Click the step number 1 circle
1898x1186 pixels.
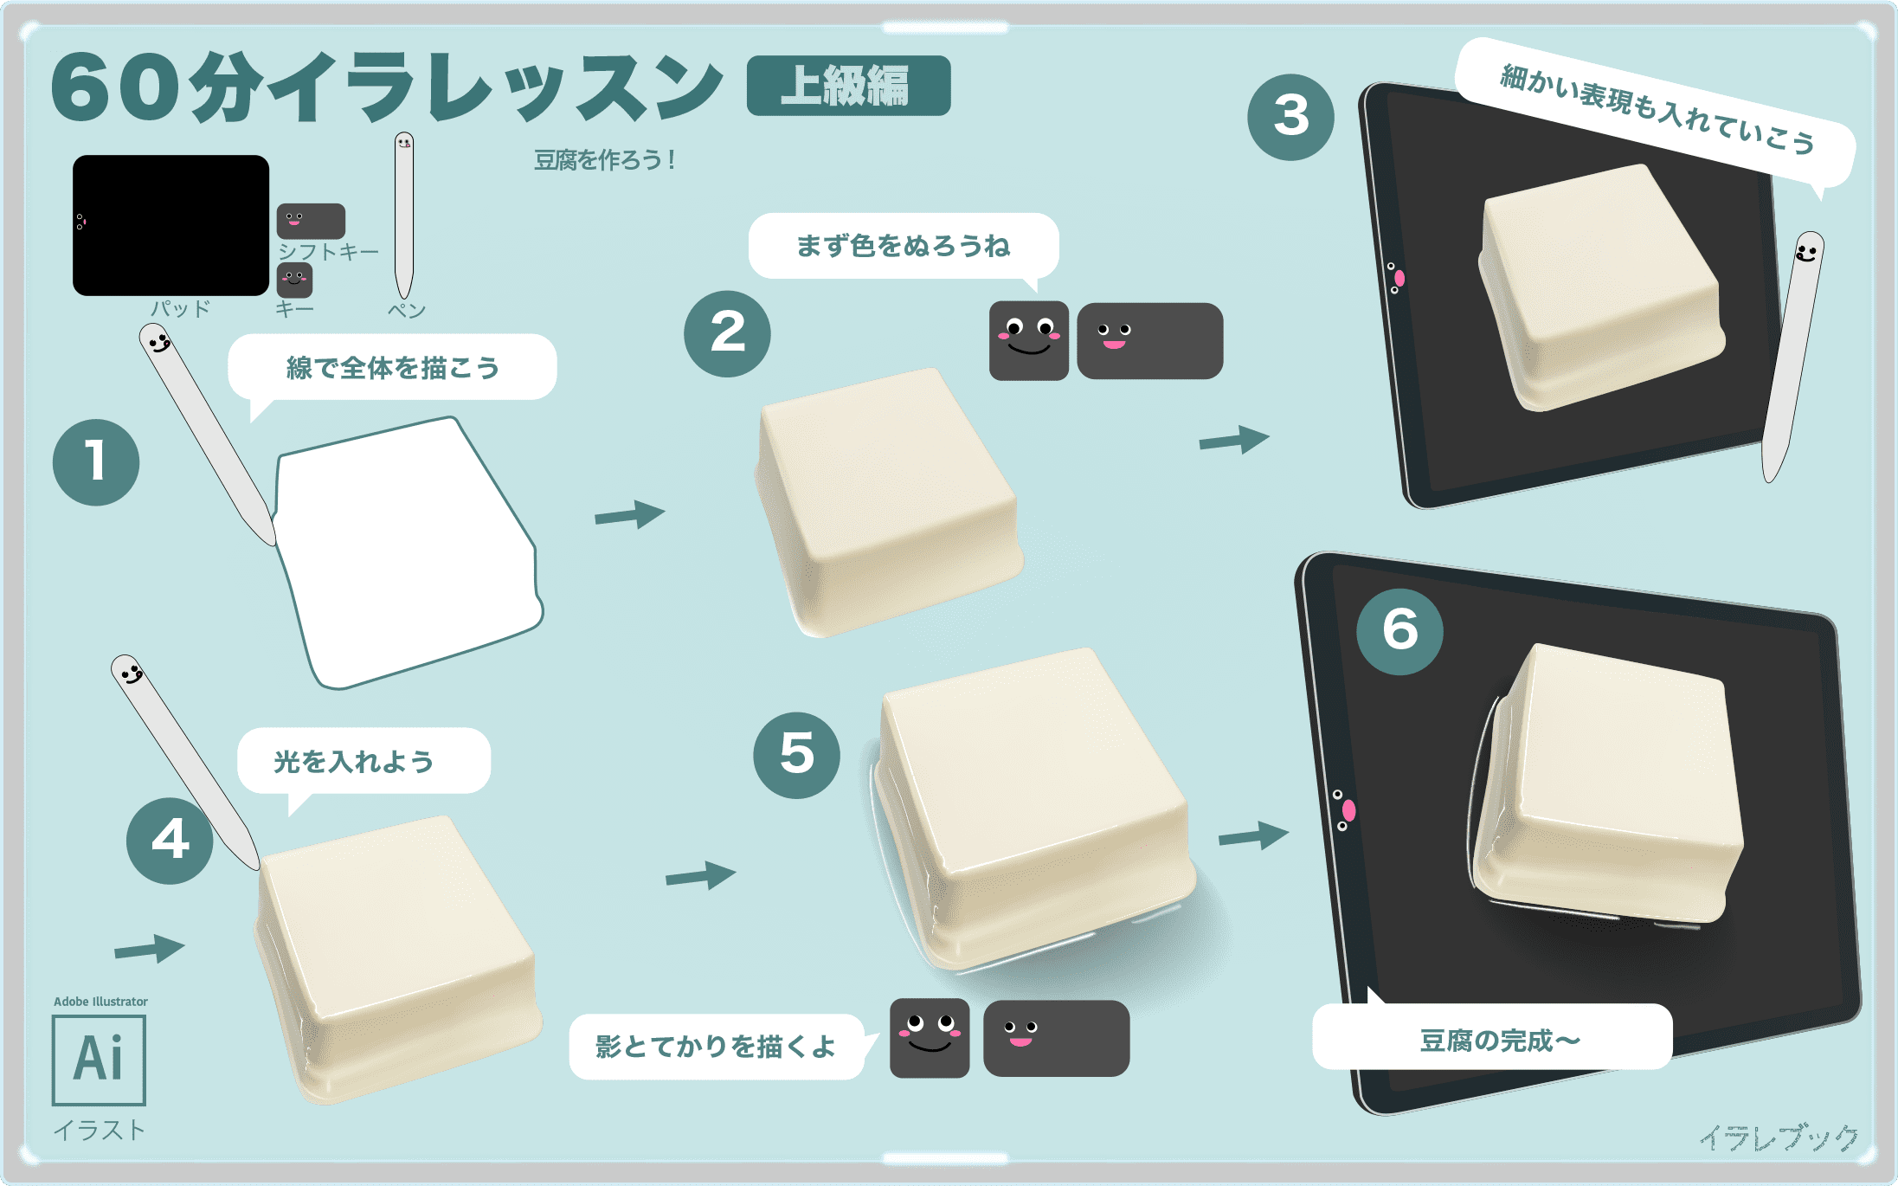click(96, 462)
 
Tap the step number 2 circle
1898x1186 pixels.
click(727, 333)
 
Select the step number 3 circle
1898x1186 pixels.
click(1290, 117)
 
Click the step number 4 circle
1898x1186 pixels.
click(170, 841)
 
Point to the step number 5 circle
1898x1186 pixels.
click(796, 755)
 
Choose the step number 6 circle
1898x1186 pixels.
click(1399, 631)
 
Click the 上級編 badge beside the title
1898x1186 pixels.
click(848, 86)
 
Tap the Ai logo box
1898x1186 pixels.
click(99, 1060)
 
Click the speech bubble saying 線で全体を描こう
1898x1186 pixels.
click(392, 367)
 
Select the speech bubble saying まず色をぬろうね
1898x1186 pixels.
click(903, 246)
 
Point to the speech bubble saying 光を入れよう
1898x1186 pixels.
click(364, 761)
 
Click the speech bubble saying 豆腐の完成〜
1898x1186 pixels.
click(1491, 1038)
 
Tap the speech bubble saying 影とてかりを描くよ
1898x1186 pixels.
click(715, 1047)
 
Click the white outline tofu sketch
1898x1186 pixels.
click(407, 554)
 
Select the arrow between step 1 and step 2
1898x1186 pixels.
click(629, 515)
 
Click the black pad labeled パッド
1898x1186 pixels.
click(170, 225)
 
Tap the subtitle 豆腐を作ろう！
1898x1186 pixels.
click(604, 160)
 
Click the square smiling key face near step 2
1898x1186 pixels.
click(1028, 340)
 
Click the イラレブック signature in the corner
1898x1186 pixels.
click(1778, 1137)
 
